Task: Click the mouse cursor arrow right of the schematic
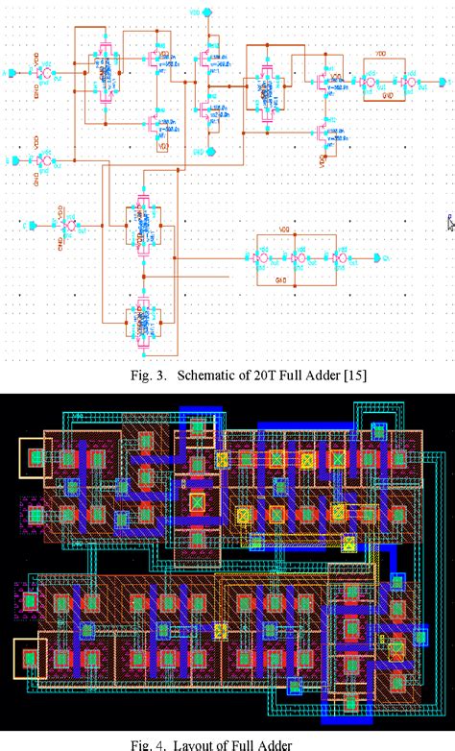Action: click(x=449, y=223)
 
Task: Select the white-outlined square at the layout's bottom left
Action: click(x=30, y=659)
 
